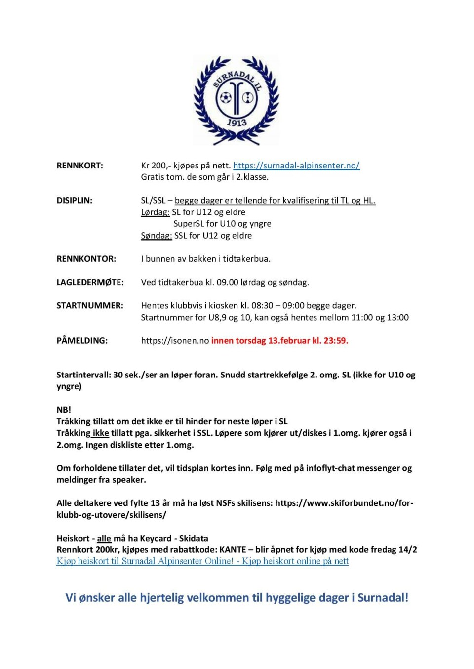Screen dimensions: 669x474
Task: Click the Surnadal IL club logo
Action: pyautogui.click(x=237, y=100)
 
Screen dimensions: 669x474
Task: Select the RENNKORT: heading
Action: pyautogui.click(x=80, y=166)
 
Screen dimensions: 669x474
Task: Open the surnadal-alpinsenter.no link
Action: pyautogui.click(x=296, y=166)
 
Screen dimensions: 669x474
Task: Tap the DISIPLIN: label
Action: pyautogui.click(x=75, y=201)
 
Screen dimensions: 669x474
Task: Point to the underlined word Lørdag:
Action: pyautogui.click(x=155, y=212)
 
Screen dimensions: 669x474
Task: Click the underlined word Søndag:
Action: pyautogui.click(x=156, y=236)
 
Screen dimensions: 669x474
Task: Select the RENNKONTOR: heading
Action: pyautogui.click(x=86, y=259)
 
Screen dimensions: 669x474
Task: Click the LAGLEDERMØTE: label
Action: pyautogui.click(x=90, y=283)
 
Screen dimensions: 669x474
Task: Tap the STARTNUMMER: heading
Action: pyautogui.click(x=90, y=306)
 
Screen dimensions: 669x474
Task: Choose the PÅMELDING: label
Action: pyautogui.click(x=82, y=341)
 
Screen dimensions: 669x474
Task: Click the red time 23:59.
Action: pyautogui.click(x=336, y=341)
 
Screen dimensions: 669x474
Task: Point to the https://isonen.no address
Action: pyautogui.click(x=175, y=341)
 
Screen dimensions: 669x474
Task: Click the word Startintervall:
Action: pyautogui.click(x=83, y=375)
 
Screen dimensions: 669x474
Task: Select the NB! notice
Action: pyautogui.click(x=64, y=410)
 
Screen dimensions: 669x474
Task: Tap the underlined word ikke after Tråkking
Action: pyautogui.click(x=101, y=433)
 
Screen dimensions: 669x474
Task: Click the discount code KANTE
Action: pyautogui.click(x=233, y=550)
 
